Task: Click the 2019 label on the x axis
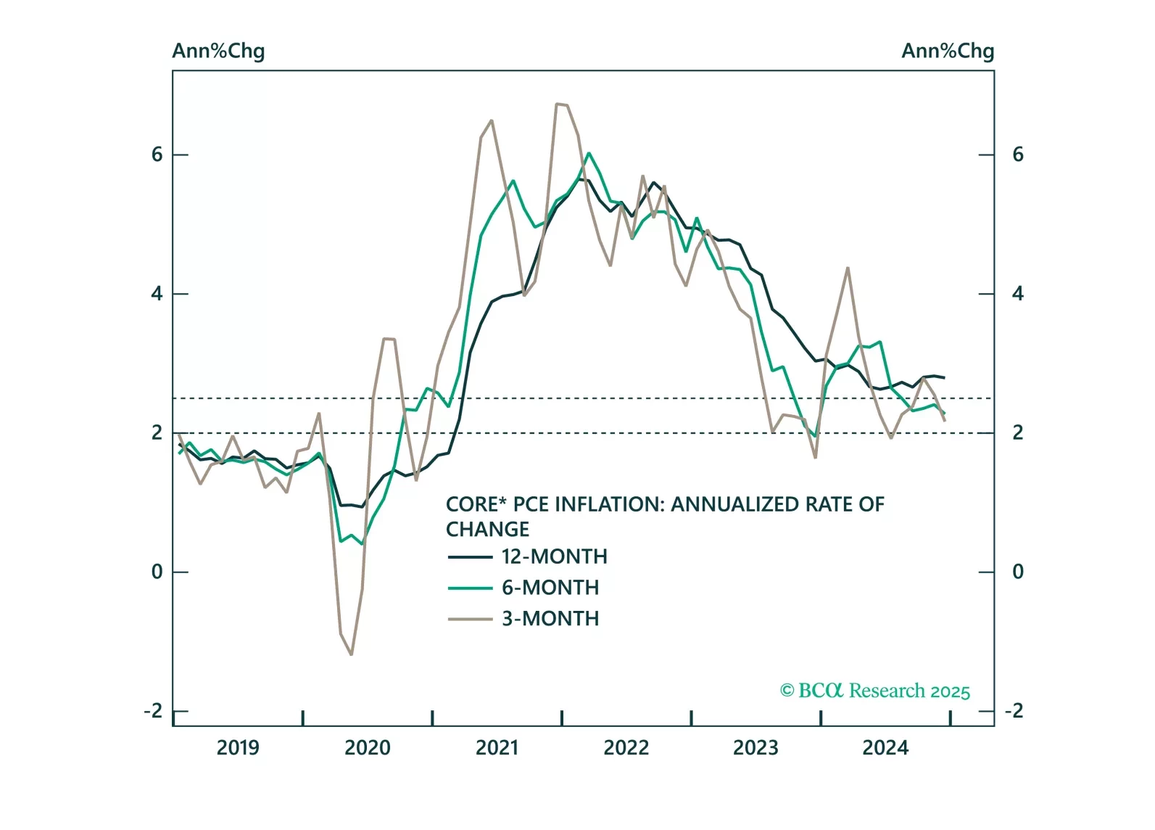point(238,748)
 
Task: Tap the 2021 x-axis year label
point(497,748)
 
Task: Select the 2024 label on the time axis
point(885,748)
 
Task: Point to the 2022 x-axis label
point(626,748)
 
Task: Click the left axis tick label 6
point(157,155)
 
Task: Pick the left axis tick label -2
point(153,711)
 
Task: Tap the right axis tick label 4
point(1018,294)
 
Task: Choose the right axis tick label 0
point(1018,572)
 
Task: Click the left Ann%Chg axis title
point(218,52)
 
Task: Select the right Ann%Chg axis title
point(948,52)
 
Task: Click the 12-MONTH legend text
point(555,556)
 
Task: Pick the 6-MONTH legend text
point(550,588)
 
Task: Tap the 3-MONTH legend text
point(550,619)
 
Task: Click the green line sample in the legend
point(470,588)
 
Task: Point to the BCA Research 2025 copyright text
point(874,691)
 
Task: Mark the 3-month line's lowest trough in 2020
point(352,655)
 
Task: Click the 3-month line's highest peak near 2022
point(558,104)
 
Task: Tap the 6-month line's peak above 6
point(589,153)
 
